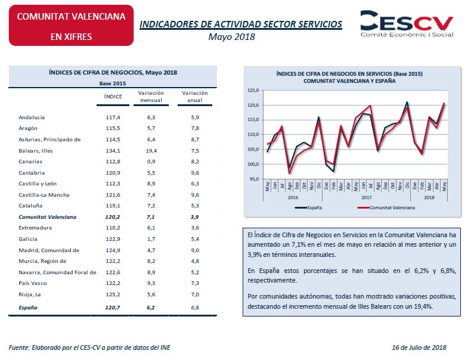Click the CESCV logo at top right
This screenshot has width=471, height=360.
coord(407,25)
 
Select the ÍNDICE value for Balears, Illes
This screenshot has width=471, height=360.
coord(112,151)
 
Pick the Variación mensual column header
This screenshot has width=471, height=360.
coord(151,97)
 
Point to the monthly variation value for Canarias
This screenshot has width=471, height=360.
coord(151,162)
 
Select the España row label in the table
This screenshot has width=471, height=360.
coord(28,308)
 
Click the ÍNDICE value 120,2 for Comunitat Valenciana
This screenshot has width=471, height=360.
coord(112,217)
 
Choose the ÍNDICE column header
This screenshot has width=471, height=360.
coord(113,96)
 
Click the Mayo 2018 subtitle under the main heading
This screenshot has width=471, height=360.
coord(231,37)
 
